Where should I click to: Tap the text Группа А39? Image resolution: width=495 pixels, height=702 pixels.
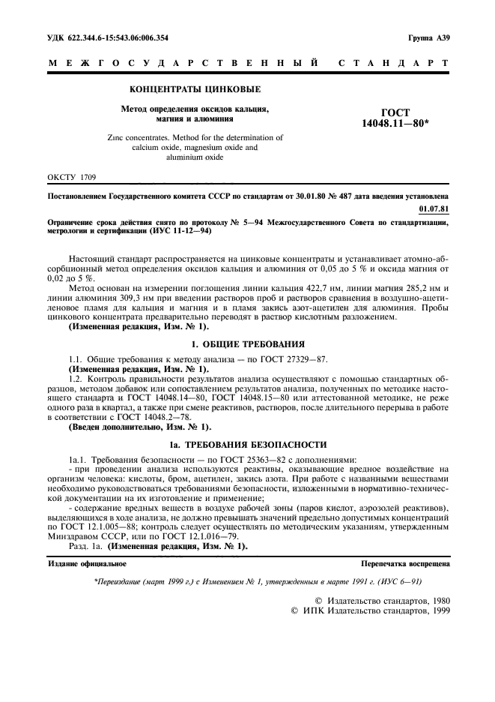(429, 37)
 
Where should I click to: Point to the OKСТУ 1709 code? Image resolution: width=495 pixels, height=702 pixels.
(70, 178)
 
